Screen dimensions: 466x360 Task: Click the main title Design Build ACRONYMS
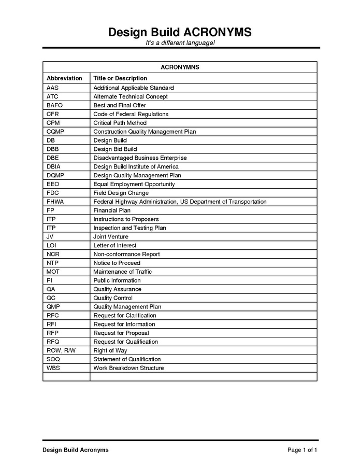pyautogui.click(x=180, y=32)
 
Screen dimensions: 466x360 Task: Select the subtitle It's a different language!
pyautogui.click(x=180, y=43)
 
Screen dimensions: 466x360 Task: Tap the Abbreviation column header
pyautogui.click(x=64, y=78)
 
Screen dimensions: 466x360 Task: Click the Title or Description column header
pyautogui.click(x=120, y=78)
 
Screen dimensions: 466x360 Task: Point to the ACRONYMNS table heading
pyautogui.click(x=180, y=67)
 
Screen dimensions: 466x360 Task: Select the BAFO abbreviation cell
pyautogui.click(x=54, y=105)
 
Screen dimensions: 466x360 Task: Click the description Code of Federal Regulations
pyautogui.click(x=131, y=114)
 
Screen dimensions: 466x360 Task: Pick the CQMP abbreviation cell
pyautogui.click(x=55, y=132)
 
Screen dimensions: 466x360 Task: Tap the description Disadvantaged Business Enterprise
pyautogui.click(x=140, y=158)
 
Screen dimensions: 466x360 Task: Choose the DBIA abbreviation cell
pyautogui.click(x=54, y=166)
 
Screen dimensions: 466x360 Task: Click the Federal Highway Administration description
pyautogui.click(x=180, y=202)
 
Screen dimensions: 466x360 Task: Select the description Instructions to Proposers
pyautogui.click(x=126, y=219)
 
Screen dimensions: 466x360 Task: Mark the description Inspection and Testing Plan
pyautogui.click(x=129, y=228)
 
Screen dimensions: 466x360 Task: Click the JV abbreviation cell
pyautogui.click(x=50, y=237)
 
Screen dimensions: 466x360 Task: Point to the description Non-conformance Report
pyautogui.click(x=126, y=254)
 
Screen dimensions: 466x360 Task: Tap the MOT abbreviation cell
pyautogui.click(x=53, y=272)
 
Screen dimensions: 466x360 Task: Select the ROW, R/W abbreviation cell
pyautogui.click(x=61, y=350)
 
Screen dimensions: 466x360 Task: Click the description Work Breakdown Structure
pyautogui.click(x=128, y=368)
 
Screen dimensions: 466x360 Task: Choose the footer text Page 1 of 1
pyautogui.click(x=302, y=450)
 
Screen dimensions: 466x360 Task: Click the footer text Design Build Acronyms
pyautogui.click(x=76, y=450)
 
